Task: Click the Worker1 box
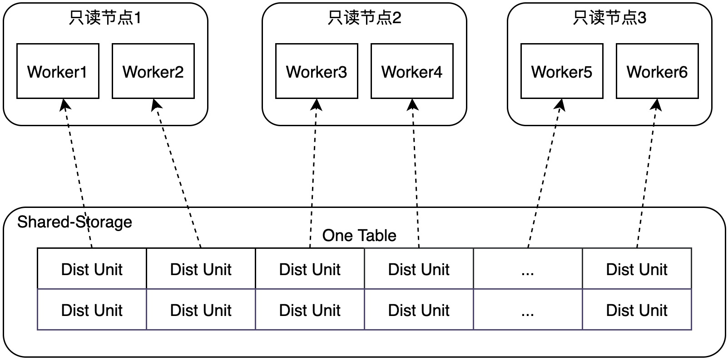(x=58, y=71)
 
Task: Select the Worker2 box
(x=153, y=71)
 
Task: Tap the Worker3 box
(x=317, y=71)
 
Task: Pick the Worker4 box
(x=412, y=71)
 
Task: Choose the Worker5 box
(x=562, y=71)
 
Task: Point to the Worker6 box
(x=657, y=71)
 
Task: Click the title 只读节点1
(x=105, y=18)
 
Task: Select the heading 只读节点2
(x=364, y=18)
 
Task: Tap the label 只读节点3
(x=609, y=18)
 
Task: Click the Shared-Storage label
(x=74, y=222)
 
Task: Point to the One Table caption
(x=359, y=235)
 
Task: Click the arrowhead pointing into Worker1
(x=65, y=105)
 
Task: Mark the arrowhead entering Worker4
(x=412, y=105)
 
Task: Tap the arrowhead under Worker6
(x=656, y=105)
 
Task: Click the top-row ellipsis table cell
(x=528, y=269)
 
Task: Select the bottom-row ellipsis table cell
(x=528, y=310)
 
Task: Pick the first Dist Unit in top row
(x=92, y=269)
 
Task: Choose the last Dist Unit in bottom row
(x=637, y=310)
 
